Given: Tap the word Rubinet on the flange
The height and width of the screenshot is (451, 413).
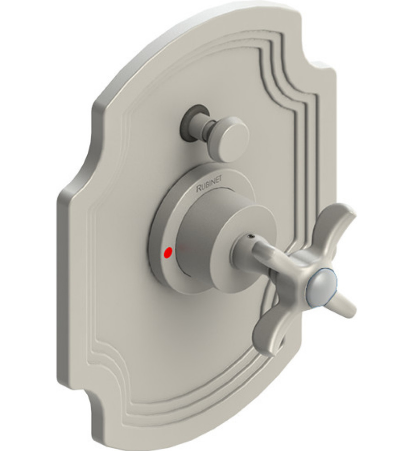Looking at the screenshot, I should tap(208, 186).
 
